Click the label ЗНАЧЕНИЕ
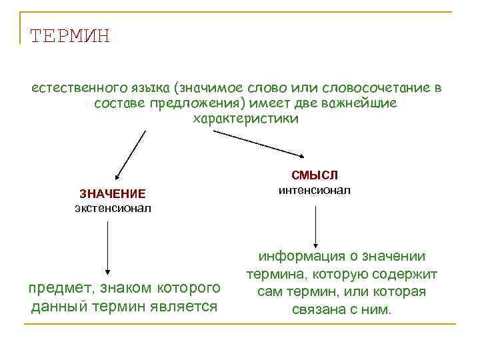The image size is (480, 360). [x=112, y=194]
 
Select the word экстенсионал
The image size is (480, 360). [x=113, y=208]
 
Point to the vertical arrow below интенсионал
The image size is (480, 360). [x=315, y=227]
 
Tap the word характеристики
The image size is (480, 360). [x=246, y=119]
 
